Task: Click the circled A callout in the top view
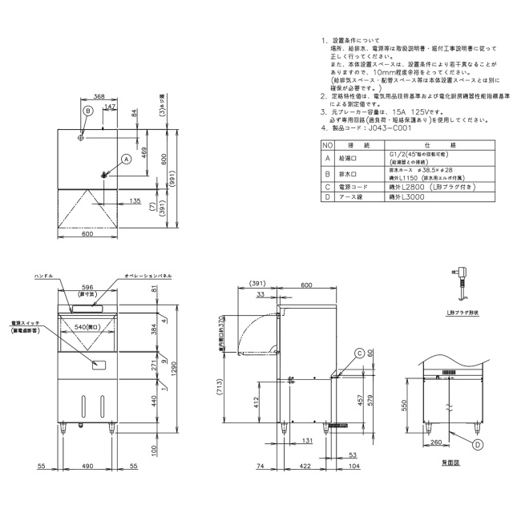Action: point(126,158)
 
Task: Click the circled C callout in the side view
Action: point(360,352)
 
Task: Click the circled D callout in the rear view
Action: point(478,443)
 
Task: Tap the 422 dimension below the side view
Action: point(305,466)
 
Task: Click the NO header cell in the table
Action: point(325,145)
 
